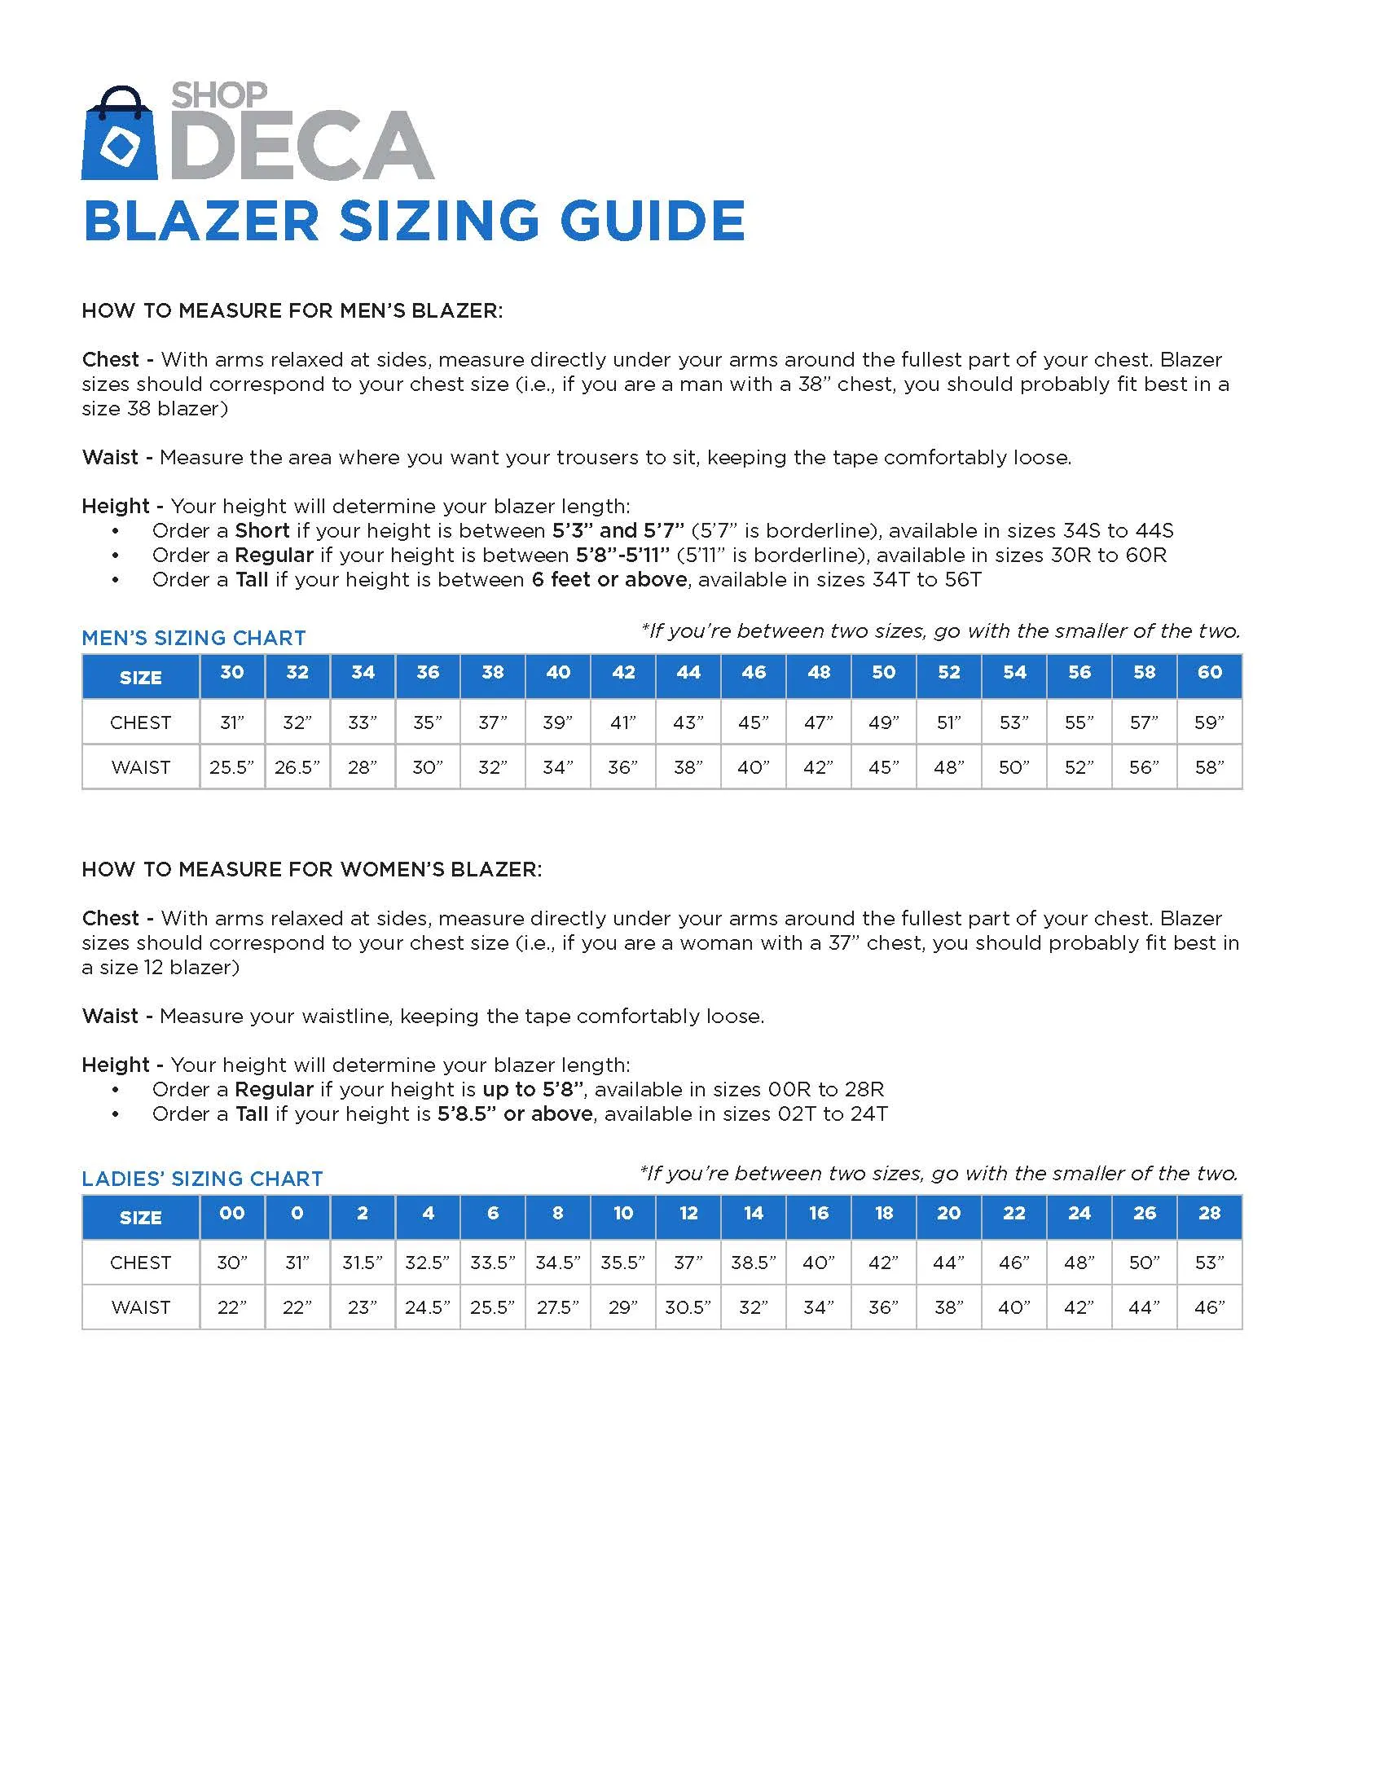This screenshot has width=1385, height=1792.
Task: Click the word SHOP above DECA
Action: point(218,96)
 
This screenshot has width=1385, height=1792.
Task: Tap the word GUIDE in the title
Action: point(653,222)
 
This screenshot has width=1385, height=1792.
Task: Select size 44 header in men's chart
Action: point(688,673)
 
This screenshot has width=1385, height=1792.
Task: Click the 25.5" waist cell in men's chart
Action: point(231,768)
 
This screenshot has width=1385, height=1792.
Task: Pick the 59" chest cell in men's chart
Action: point(1209,723)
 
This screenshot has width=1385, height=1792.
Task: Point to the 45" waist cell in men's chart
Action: point(884,768)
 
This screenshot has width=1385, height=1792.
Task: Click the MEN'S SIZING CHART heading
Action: point(194,638)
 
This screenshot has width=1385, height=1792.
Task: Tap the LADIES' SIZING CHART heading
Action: point(202,1179)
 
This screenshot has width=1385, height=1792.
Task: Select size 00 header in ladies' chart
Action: point(231,1214)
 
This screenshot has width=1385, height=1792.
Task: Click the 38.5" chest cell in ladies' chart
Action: point(754,1263)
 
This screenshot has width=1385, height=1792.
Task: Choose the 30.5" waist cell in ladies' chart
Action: point(688,1307)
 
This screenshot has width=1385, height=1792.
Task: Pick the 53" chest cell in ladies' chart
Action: point(1209,1263)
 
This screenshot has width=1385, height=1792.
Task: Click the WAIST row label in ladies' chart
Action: point(140,1307)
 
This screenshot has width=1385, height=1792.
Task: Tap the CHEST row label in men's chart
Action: point(140,723)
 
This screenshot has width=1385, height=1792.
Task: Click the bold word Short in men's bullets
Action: point(262,531)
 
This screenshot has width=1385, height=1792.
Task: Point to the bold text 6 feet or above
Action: point(609,580)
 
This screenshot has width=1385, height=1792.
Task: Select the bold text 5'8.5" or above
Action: point(514,1114)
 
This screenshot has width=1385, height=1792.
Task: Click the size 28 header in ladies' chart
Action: point(1209,1214)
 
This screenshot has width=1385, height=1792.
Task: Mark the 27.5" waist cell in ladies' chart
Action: point(558,1307)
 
